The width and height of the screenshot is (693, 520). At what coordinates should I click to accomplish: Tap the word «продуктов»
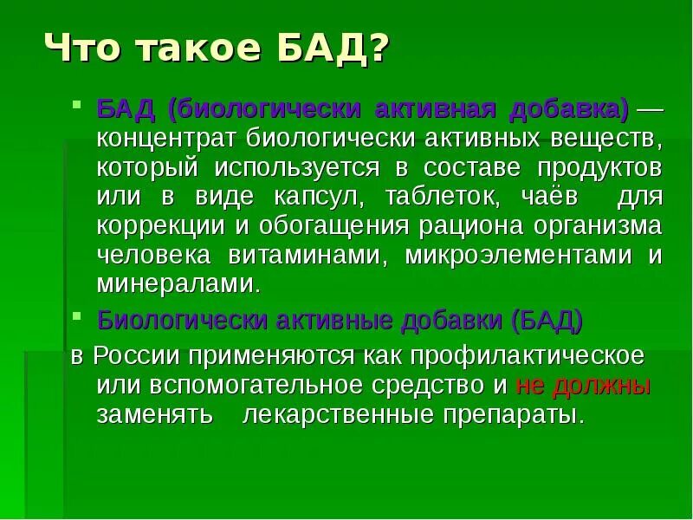tap(604, 166)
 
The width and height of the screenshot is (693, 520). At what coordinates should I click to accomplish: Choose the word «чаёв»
tap(543, 196)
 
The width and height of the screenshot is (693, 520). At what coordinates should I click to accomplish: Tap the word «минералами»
tap(178, 283)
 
